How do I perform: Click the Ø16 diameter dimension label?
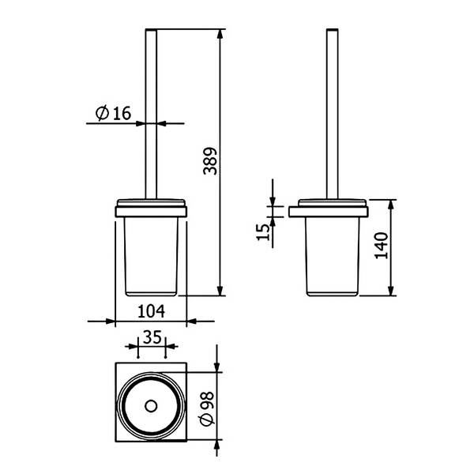113,113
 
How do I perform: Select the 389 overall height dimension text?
210,161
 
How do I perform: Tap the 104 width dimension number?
151,311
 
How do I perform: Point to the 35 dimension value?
152,337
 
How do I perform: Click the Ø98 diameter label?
207,408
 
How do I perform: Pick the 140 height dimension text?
382,246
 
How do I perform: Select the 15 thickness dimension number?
263,231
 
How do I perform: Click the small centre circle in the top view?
151,406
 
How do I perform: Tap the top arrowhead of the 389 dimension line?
220,34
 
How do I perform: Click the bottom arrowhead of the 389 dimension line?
220,291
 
